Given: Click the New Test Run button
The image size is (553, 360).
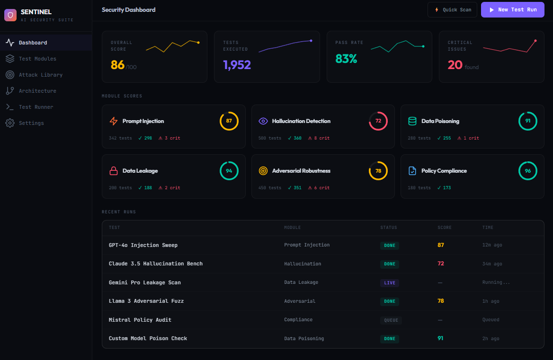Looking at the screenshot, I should (512, 9).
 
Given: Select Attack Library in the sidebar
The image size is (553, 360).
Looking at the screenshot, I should (41, 75).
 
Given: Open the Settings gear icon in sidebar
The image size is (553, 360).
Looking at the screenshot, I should (10, 123).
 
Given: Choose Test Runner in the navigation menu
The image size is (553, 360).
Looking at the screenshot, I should (36, 107).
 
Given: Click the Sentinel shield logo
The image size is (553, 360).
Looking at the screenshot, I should (10, 15).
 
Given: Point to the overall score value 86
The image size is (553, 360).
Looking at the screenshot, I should (117, 65).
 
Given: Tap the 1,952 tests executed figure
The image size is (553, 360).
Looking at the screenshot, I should (237, 65).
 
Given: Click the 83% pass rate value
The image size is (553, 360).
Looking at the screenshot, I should (346, 59).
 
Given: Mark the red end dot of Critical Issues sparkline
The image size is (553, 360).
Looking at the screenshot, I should (535, 41).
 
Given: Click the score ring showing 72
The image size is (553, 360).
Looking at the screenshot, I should (378, 121).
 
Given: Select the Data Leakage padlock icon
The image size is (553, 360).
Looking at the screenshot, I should (114, 171).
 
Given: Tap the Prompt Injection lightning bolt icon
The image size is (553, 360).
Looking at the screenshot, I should (114, 121).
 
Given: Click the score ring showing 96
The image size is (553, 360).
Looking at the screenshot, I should (527, 171).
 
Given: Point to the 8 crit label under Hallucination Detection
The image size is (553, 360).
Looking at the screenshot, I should (319, 138).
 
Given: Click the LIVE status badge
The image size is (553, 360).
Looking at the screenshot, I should (390, 283).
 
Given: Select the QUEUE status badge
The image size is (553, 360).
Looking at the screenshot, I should (391, 320).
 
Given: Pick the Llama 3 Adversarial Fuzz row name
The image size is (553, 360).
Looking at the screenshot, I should (146, 301).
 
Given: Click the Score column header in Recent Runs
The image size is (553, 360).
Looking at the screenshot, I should (444, 228).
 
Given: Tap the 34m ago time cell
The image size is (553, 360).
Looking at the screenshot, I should (492, 264).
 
